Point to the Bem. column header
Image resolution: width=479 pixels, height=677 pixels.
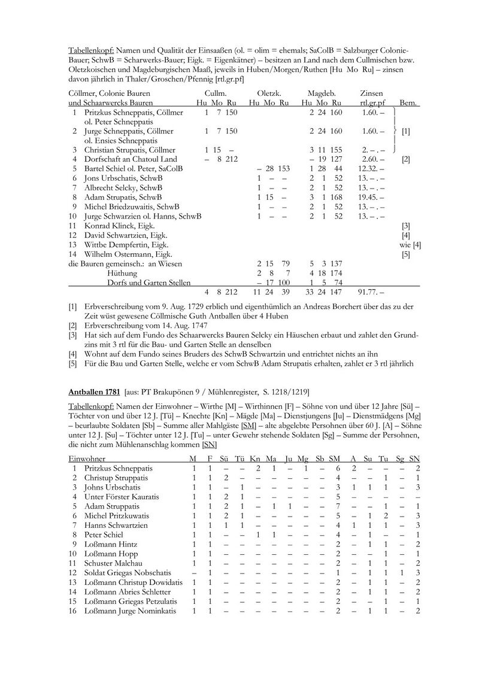[x=408, y=103]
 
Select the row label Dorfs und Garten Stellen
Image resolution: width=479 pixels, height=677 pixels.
[x=149, y=282]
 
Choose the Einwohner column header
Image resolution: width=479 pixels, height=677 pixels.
[x=87, y=458]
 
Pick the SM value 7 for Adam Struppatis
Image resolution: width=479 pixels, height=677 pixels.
[x=338, y=506]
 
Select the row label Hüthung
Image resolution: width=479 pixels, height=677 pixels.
[x=122, y=272]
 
